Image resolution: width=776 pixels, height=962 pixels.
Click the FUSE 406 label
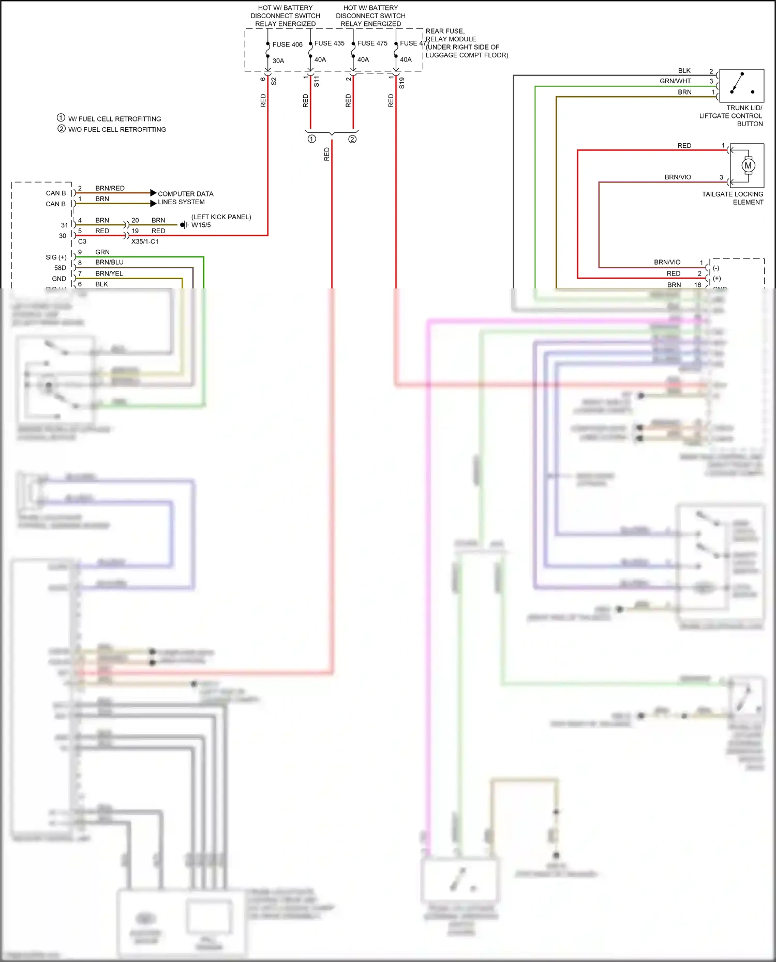(287, 44)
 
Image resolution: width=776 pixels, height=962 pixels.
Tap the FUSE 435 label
(329, 43)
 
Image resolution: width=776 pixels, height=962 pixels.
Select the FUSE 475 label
(372, 43)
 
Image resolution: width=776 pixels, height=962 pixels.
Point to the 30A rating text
(278, 61)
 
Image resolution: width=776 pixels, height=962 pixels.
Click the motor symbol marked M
(748, 166)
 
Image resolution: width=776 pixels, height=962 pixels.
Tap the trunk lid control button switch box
(741, 86)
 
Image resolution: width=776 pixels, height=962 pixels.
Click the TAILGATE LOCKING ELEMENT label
(732, 198)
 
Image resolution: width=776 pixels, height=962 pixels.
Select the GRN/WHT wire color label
(675, 81)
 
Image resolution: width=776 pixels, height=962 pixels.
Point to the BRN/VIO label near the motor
(678, 177)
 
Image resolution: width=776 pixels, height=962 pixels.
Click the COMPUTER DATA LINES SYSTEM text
(185, 198)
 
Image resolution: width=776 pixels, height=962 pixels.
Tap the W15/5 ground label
(201, 225)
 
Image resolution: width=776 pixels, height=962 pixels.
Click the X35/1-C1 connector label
(145, 242)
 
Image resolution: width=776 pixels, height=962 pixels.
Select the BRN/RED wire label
(110, 188)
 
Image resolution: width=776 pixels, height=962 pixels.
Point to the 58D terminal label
(60, 268)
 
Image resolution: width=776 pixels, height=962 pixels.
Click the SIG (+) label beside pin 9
(56, 257)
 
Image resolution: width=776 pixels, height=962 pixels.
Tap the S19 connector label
(402, 83)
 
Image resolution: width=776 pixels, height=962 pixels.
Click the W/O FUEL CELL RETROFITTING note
(117, 130)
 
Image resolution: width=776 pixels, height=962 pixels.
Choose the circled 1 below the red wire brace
(311, 139)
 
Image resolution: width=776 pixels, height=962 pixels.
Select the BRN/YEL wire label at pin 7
(109, 273)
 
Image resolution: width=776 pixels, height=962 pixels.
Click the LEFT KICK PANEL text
(221, 217)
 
